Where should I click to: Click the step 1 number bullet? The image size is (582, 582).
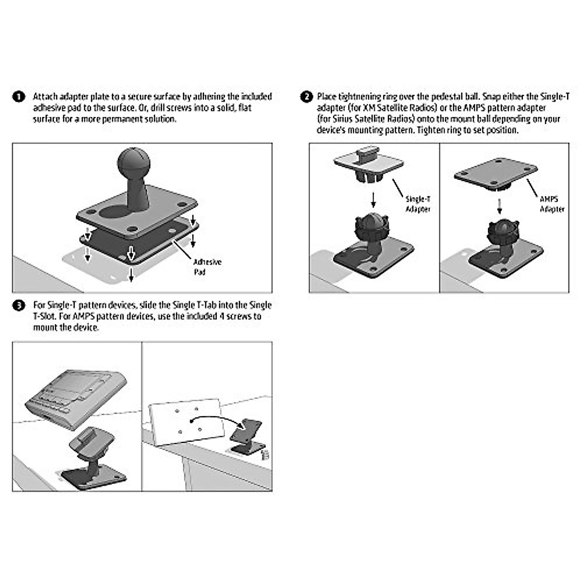[x=18, y=97]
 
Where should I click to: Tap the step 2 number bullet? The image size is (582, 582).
[x=307, y=97]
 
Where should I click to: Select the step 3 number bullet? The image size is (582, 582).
[x=18, y=306]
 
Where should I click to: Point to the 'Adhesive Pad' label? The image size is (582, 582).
[x=207, y=267]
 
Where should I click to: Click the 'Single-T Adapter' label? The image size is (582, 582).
[x=418, y=204]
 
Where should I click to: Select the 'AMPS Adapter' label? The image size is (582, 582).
[x=552, y=204]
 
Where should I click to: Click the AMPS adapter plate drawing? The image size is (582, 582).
[x=496, y=175]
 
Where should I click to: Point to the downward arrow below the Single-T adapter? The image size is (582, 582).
[x=373, y=199]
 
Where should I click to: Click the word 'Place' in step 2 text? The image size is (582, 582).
[x=327, y=97]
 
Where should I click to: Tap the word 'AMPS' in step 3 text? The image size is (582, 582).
[x=83, y=317]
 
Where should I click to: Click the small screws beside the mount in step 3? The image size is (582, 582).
[x=265, y=454]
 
